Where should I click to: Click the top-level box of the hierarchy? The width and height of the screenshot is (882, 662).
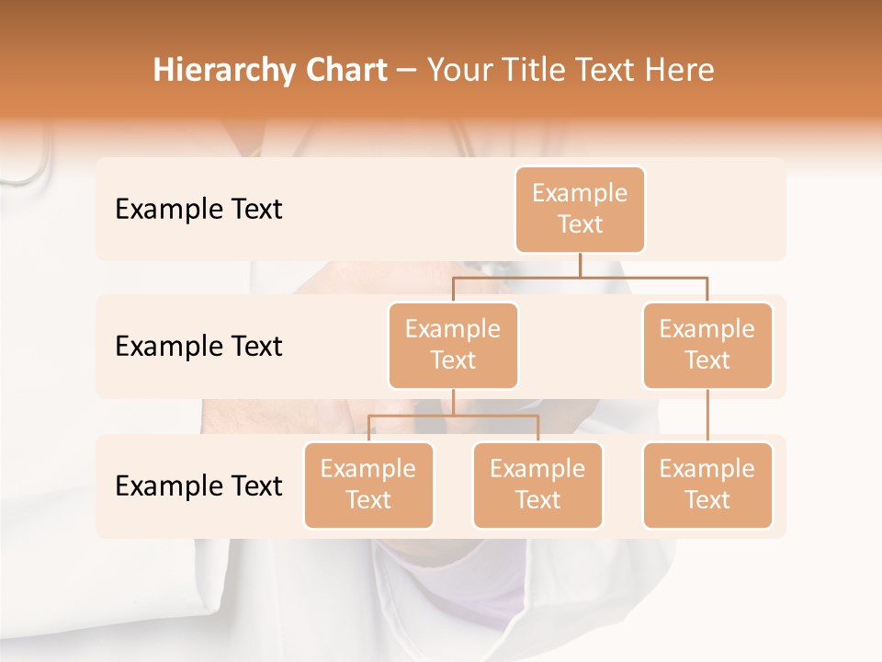point(580,210)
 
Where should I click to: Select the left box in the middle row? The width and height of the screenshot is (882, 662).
point(453,346)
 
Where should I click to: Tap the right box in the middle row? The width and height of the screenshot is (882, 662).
point(707,346)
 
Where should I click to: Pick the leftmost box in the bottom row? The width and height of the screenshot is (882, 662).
point(368,485)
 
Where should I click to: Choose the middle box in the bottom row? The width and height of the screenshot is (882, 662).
point(537,485)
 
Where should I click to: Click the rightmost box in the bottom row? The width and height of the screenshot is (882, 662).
point(707,485)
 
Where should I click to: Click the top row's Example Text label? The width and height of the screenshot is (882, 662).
point(198,210)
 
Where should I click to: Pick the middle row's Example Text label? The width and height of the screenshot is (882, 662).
point(198,347)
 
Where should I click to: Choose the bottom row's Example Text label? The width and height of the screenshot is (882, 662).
point(198,485)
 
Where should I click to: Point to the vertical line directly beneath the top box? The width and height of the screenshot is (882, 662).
point(580,265)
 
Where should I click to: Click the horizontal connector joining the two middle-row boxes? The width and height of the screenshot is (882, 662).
point(580,277)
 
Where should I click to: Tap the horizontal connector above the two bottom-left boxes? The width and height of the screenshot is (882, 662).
point(453,416)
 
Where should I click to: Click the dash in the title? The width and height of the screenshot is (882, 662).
point(407,71)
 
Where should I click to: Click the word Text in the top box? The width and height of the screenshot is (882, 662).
point(580,225)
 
